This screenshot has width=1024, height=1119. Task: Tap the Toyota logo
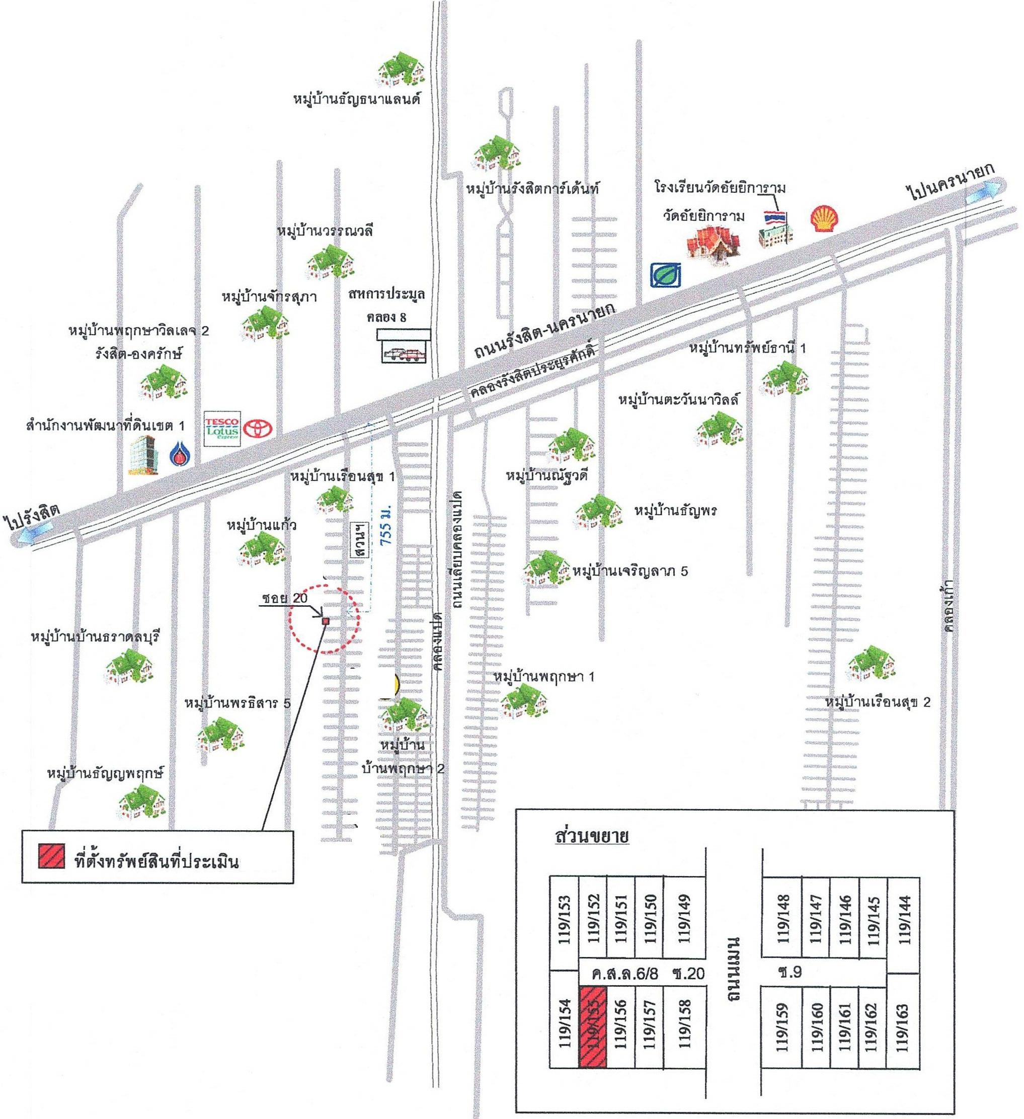point(257,428)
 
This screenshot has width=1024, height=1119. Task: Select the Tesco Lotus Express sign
point(222,429)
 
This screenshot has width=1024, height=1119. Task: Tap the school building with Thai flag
point(776,227)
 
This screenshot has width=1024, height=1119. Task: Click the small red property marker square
point(326,621)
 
